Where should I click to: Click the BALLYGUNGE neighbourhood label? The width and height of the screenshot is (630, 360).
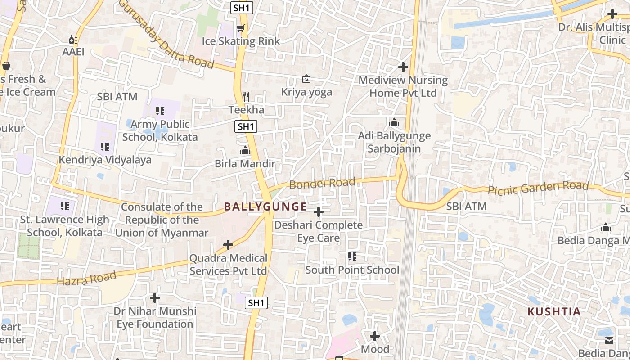click(265, 207)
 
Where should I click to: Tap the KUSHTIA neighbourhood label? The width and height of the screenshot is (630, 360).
click(553, 311)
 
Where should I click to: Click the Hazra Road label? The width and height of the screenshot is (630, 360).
click(86, 279)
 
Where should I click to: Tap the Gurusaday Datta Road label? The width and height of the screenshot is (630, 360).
click(166, 34)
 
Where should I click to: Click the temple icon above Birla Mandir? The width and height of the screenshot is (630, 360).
click(245, 150)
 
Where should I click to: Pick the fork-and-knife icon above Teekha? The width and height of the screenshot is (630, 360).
click(246, 96)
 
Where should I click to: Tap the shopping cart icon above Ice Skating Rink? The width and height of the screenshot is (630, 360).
click(241, 28)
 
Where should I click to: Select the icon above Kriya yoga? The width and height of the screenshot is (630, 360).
click(306, 79)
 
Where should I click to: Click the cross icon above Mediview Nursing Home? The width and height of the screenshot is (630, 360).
click(403, 67)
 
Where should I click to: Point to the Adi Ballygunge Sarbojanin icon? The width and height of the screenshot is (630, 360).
click(394, 122)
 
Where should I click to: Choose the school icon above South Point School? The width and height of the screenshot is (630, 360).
click(352, 256)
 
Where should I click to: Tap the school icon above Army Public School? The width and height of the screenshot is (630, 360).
click(160, 111)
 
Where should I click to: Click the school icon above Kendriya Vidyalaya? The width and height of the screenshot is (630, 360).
click(105, 146)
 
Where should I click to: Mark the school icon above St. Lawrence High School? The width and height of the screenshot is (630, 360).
click(65, 206)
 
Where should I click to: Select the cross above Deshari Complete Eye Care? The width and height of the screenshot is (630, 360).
click(319, 211)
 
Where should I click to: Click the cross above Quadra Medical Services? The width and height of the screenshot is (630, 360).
click(228, 245)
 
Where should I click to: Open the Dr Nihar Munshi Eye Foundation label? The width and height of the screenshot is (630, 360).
click(155, 317)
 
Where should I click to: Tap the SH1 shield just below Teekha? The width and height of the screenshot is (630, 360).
click(246, 126)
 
